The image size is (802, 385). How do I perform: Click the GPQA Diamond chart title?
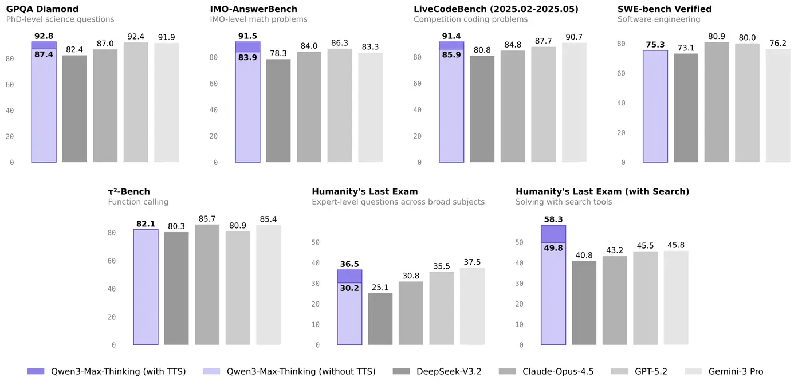coord(42,9)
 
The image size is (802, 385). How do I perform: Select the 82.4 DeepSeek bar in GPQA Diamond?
coord(74,108)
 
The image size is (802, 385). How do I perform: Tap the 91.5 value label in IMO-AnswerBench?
coord(247,36)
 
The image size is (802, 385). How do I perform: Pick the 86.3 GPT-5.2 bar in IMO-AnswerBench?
coord(340,105)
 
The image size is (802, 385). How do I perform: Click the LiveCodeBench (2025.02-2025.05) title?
coord(496,9)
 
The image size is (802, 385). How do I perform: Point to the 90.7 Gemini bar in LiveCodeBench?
coord(574,103)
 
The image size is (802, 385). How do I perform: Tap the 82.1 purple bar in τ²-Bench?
coord(146,287)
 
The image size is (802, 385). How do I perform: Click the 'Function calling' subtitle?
coord(138,202)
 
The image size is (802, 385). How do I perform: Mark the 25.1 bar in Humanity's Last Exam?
coord(380,319)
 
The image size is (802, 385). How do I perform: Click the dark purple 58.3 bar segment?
coord(553,234)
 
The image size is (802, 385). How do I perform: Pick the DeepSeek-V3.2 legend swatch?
coord(400,371)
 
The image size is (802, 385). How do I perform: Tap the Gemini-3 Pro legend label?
coord(736,371)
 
